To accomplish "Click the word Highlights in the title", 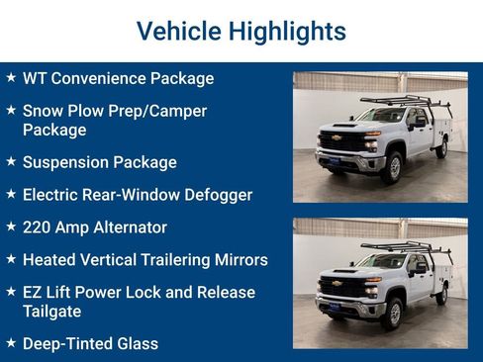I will [x=287, y=32].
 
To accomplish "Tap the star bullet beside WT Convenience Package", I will [x=11, y=77].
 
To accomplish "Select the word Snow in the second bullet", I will [x=44, y=111].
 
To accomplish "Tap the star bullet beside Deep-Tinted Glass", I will [x=11, y=343].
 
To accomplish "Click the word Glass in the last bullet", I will [x=137, y=344].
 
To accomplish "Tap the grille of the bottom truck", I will [x=341, y=287].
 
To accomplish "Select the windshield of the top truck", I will [x=381, y=116].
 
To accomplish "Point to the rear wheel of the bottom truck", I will [x=441, y=295].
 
